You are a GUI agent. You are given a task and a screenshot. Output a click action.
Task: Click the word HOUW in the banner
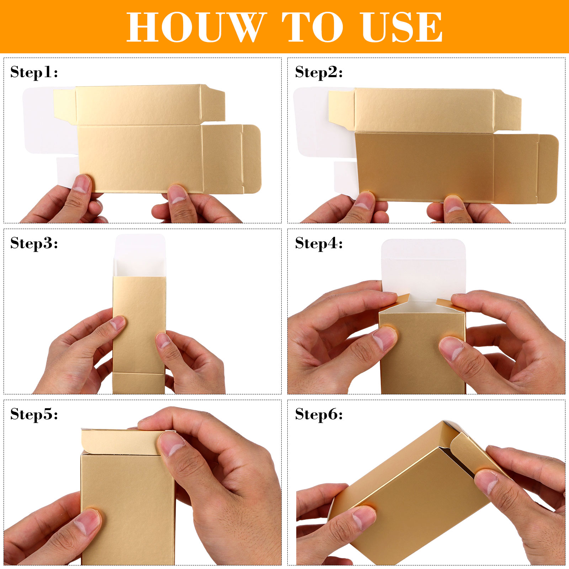tap(197, 27)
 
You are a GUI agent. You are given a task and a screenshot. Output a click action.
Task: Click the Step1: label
tap(34, 72)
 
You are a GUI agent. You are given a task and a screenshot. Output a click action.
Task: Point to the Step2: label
tap(319, 72)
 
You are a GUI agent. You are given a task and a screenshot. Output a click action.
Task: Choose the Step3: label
tap(34, 243)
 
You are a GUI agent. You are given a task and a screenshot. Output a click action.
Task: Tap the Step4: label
tap(319, 243)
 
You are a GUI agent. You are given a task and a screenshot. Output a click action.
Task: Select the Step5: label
tap(34, 414)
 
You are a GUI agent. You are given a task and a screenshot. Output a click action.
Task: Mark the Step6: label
tap(319, 414)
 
